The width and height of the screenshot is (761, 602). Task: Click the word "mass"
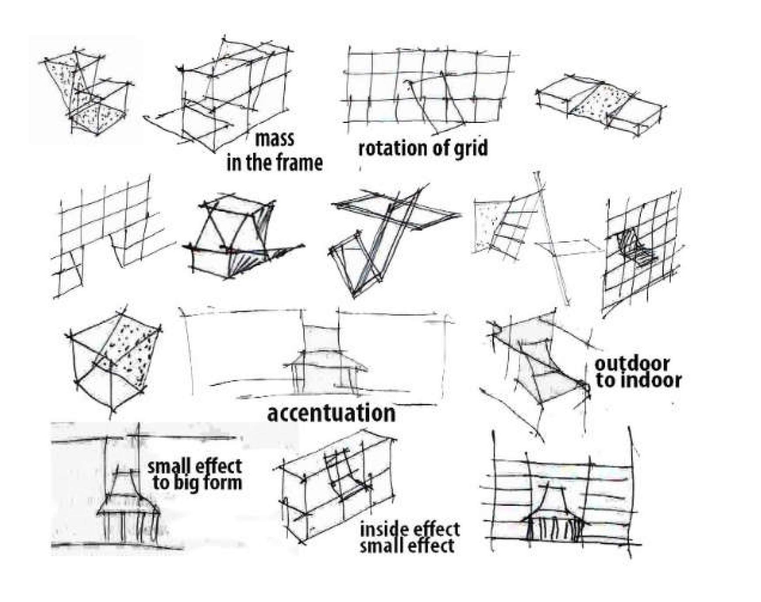pyautogui.click(x=274, y=139)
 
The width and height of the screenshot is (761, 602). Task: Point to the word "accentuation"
pyautogui.click(x=331, y=413)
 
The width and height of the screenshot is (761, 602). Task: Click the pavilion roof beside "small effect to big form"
pyautogui.click(x=127, y=499)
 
